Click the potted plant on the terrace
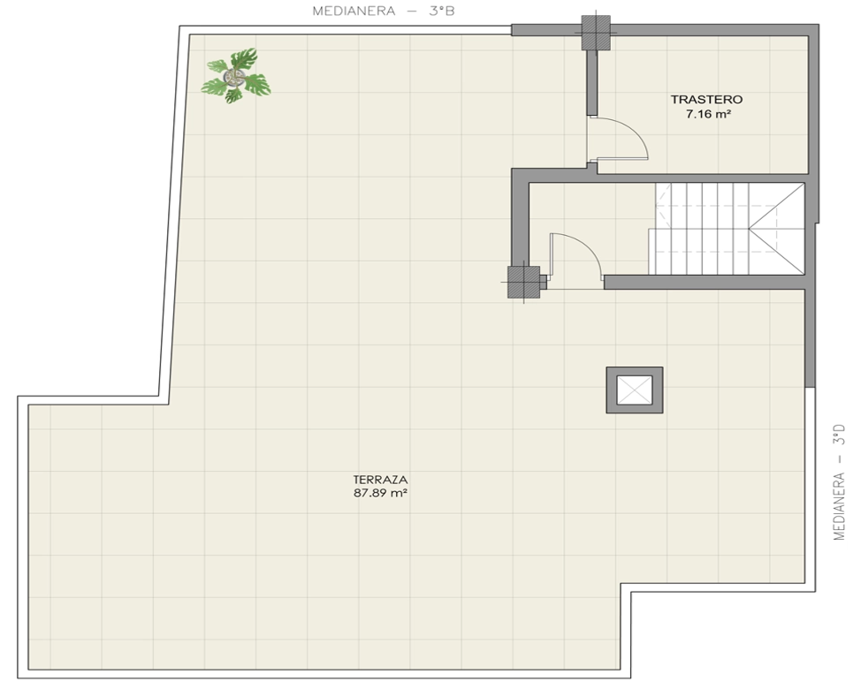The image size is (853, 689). [x=236, y=77]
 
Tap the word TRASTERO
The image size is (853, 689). [x=706, y=100]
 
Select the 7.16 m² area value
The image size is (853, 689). [x=708, y=114]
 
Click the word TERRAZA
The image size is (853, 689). [x=380, y=480]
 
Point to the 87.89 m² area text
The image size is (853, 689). [x=381, y=493]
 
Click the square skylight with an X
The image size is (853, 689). [x=635, y=390]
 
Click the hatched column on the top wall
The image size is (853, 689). [x=596, y=32]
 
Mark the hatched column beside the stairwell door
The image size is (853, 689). [x=524, y=282]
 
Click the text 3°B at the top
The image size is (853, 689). [x=441, y=11]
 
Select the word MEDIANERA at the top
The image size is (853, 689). [x=354, y=11]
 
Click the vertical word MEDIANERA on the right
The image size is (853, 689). [x=840, y=506]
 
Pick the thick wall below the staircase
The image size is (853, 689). [x=704, y=282]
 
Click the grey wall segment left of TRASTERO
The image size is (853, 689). [x=592, y=82]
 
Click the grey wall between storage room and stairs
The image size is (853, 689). [x=702, y=178]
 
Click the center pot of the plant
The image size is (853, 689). [x=234, y=77]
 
